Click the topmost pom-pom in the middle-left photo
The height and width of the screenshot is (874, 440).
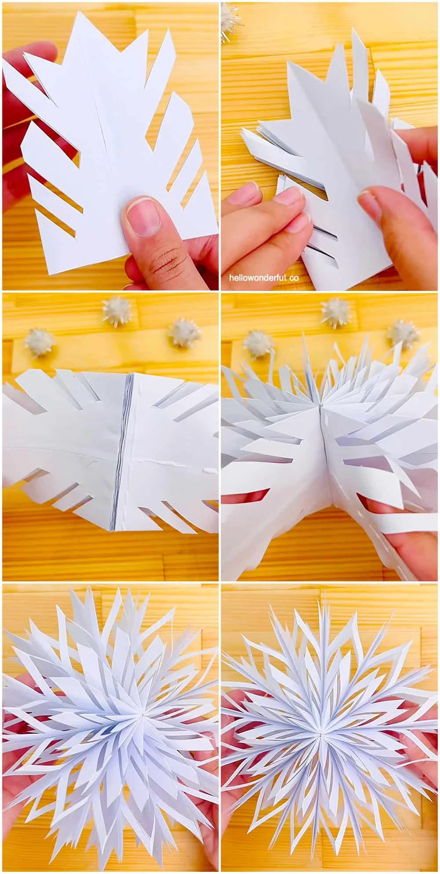(115, 311)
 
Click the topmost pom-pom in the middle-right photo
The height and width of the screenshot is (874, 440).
(334, 311)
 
